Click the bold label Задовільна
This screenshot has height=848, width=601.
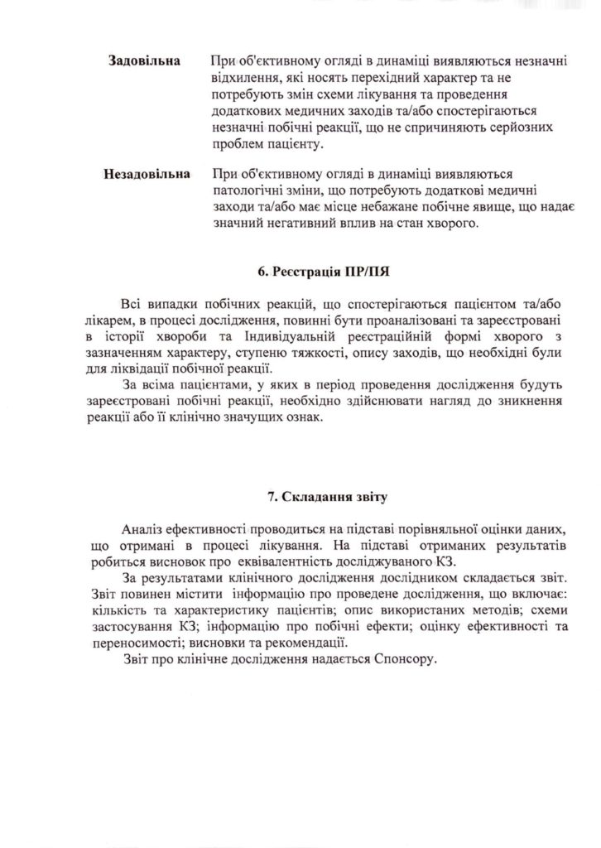tap(146, 62)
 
